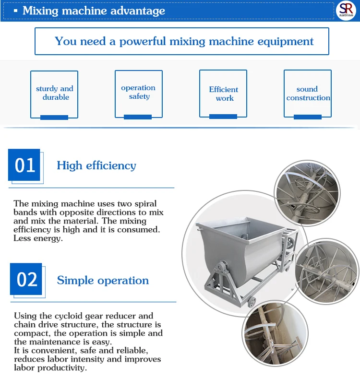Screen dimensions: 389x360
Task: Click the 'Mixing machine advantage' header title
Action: (94, 11)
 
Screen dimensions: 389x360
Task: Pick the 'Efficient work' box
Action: (223, 94)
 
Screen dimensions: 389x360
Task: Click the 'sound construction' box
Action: (308, 94)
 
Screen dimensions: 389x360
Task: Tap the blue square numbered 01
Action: (24, 165)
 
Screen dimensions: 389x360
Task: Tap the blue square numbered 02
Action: (26, 279)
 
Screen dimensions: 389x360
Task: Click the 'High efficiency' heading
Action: (96, 166)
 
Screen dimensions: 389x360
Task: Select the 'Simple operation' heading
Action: (103, 281)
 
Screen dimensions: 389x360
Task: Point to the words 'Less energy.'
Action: (38, 238)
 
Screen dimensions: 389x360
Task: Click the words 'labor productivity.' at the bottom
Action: (50, 368)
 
